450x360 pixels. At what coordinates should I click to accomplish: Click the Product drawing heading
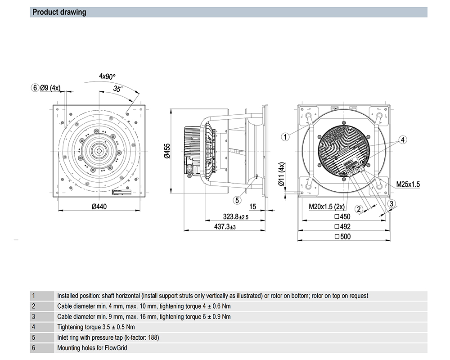[59, 12]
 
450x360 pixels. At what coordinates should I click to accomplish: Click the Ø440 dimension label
[101, 207]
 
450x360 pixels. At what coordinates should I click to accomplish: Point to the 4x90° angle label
[108, 76]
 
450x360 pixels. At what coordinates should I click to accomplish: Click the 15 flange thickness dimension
[252, 207]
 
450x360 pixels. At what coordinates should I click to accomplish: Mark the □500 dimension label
[342, 236]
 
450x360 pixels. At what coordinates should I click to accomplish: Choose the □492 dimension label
[342, 227]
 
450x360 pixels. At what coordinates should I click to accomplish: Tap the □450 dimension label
[342, 217]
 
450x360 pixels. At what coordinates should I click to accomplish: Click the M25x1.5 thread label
[408, 184]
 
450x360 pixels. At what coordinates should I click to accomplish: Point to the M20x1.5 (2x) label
[327, 207]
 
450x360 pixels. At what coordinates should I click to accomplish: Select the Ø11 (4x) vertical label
[282, 174]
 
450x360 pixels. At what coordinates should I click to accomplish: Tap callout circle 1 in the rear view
[285, 136]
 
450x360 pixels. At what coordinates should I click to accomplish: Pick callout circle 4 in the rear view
[403, 139]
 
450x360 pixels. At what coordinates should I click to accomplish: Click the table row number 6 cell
[33, 348]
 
